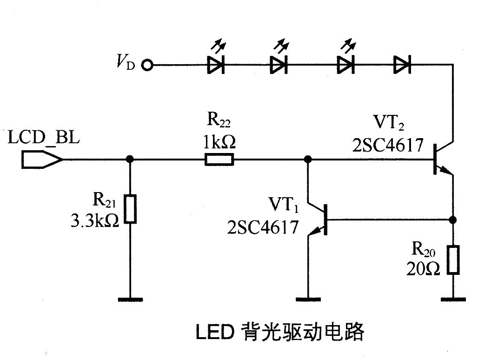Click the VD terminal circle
[148, 65]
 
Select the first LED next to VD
[216, 65]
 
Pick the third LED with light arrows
[345, 65]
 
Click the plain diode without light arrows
[401, 65]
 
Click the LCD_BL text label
[44, 139]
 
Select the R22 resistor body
[219, 160]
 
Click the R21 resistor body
[131, 210]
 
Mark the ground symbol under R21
[131, 299]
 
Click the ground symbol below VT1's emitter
[308, 299]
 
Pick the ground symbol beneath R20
[453, 299]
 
